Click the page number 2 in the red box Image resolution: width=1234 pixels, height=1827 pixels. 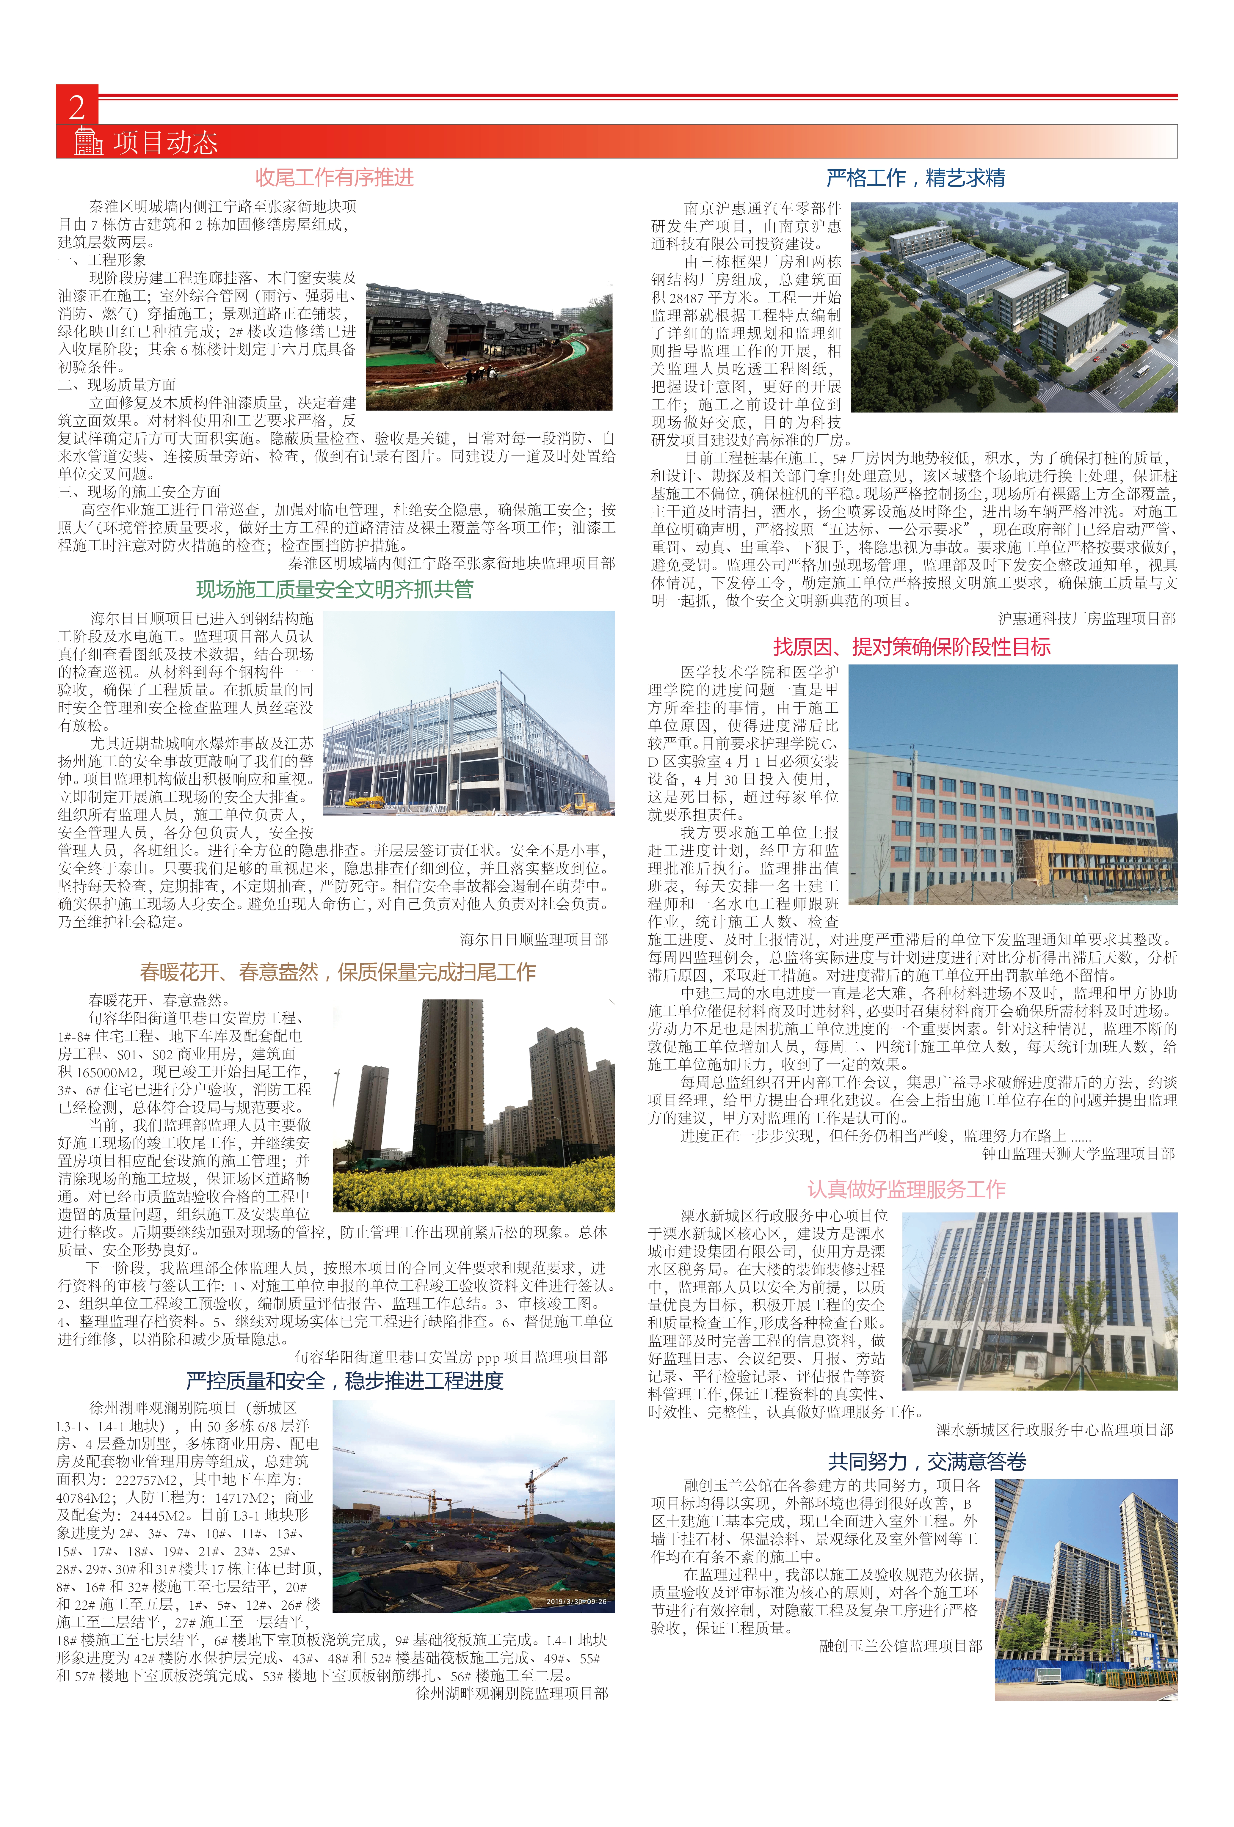click(x=76, y=106)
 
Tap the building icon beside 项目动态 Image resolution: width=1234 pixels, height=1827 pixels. click(x=88, y=142)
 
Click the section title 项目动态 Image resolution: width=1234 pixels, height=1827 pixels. click(x=165, y=142)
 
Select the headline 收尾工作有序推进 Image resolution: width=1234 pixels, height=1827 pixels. click(x=334, y=178)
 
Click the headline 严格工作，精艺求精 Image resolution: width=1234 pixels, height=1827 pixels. click(x=915, y=178)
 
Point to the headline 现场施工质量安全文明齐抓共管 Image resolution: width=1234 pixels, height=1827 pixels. click(x=334, y=589)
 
